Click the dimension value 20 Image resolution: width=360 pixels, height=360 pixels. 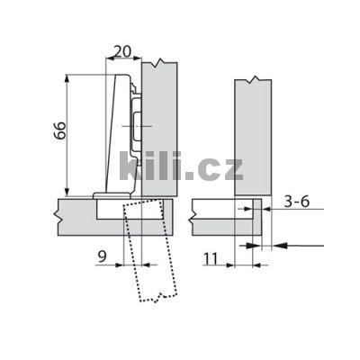pos(122,51)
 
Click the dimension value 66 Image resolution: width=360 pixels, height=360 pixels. pos(61,130)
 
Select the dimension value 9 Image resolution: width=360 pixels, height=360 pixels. pos(102,256)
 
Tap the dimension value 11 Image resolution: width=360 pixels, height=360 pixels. pos(211,258)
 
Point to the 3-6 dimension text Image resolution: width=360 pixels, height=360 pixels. pos(297,202)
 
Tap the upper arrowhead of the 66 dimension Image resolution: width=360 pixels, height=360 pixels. pos(67,78)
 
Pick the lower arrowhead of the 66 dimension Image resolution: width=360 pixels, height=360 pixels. pos(67,192)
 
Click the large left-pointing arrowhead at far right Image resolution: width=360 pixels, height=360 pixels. pos(281,246)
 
